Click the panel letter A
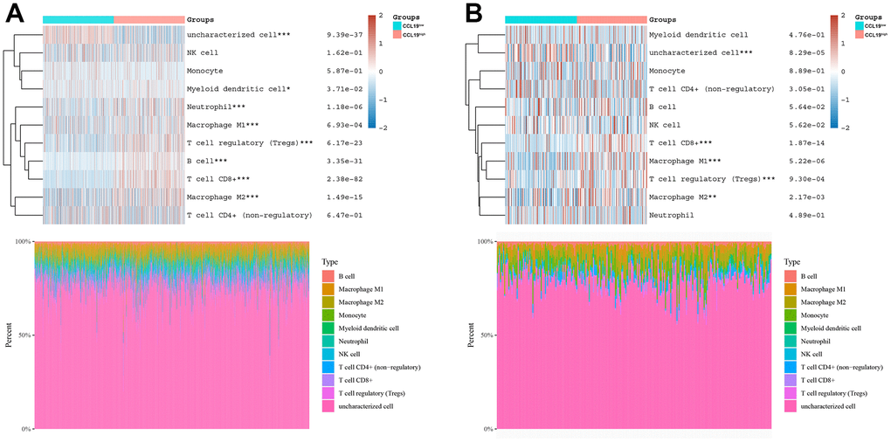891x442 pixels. click(16, 14)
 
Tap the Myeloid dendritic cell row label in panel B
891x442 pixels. click(698, 35)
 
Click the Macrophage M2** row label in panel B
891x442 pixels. click(686, 197)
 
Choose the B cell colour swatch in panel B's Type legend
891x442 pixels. click(791, 276)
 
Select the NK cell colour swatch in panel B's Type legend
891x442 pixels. click(791, 354)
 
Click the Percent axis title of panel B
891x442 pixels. click(472, 335)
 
